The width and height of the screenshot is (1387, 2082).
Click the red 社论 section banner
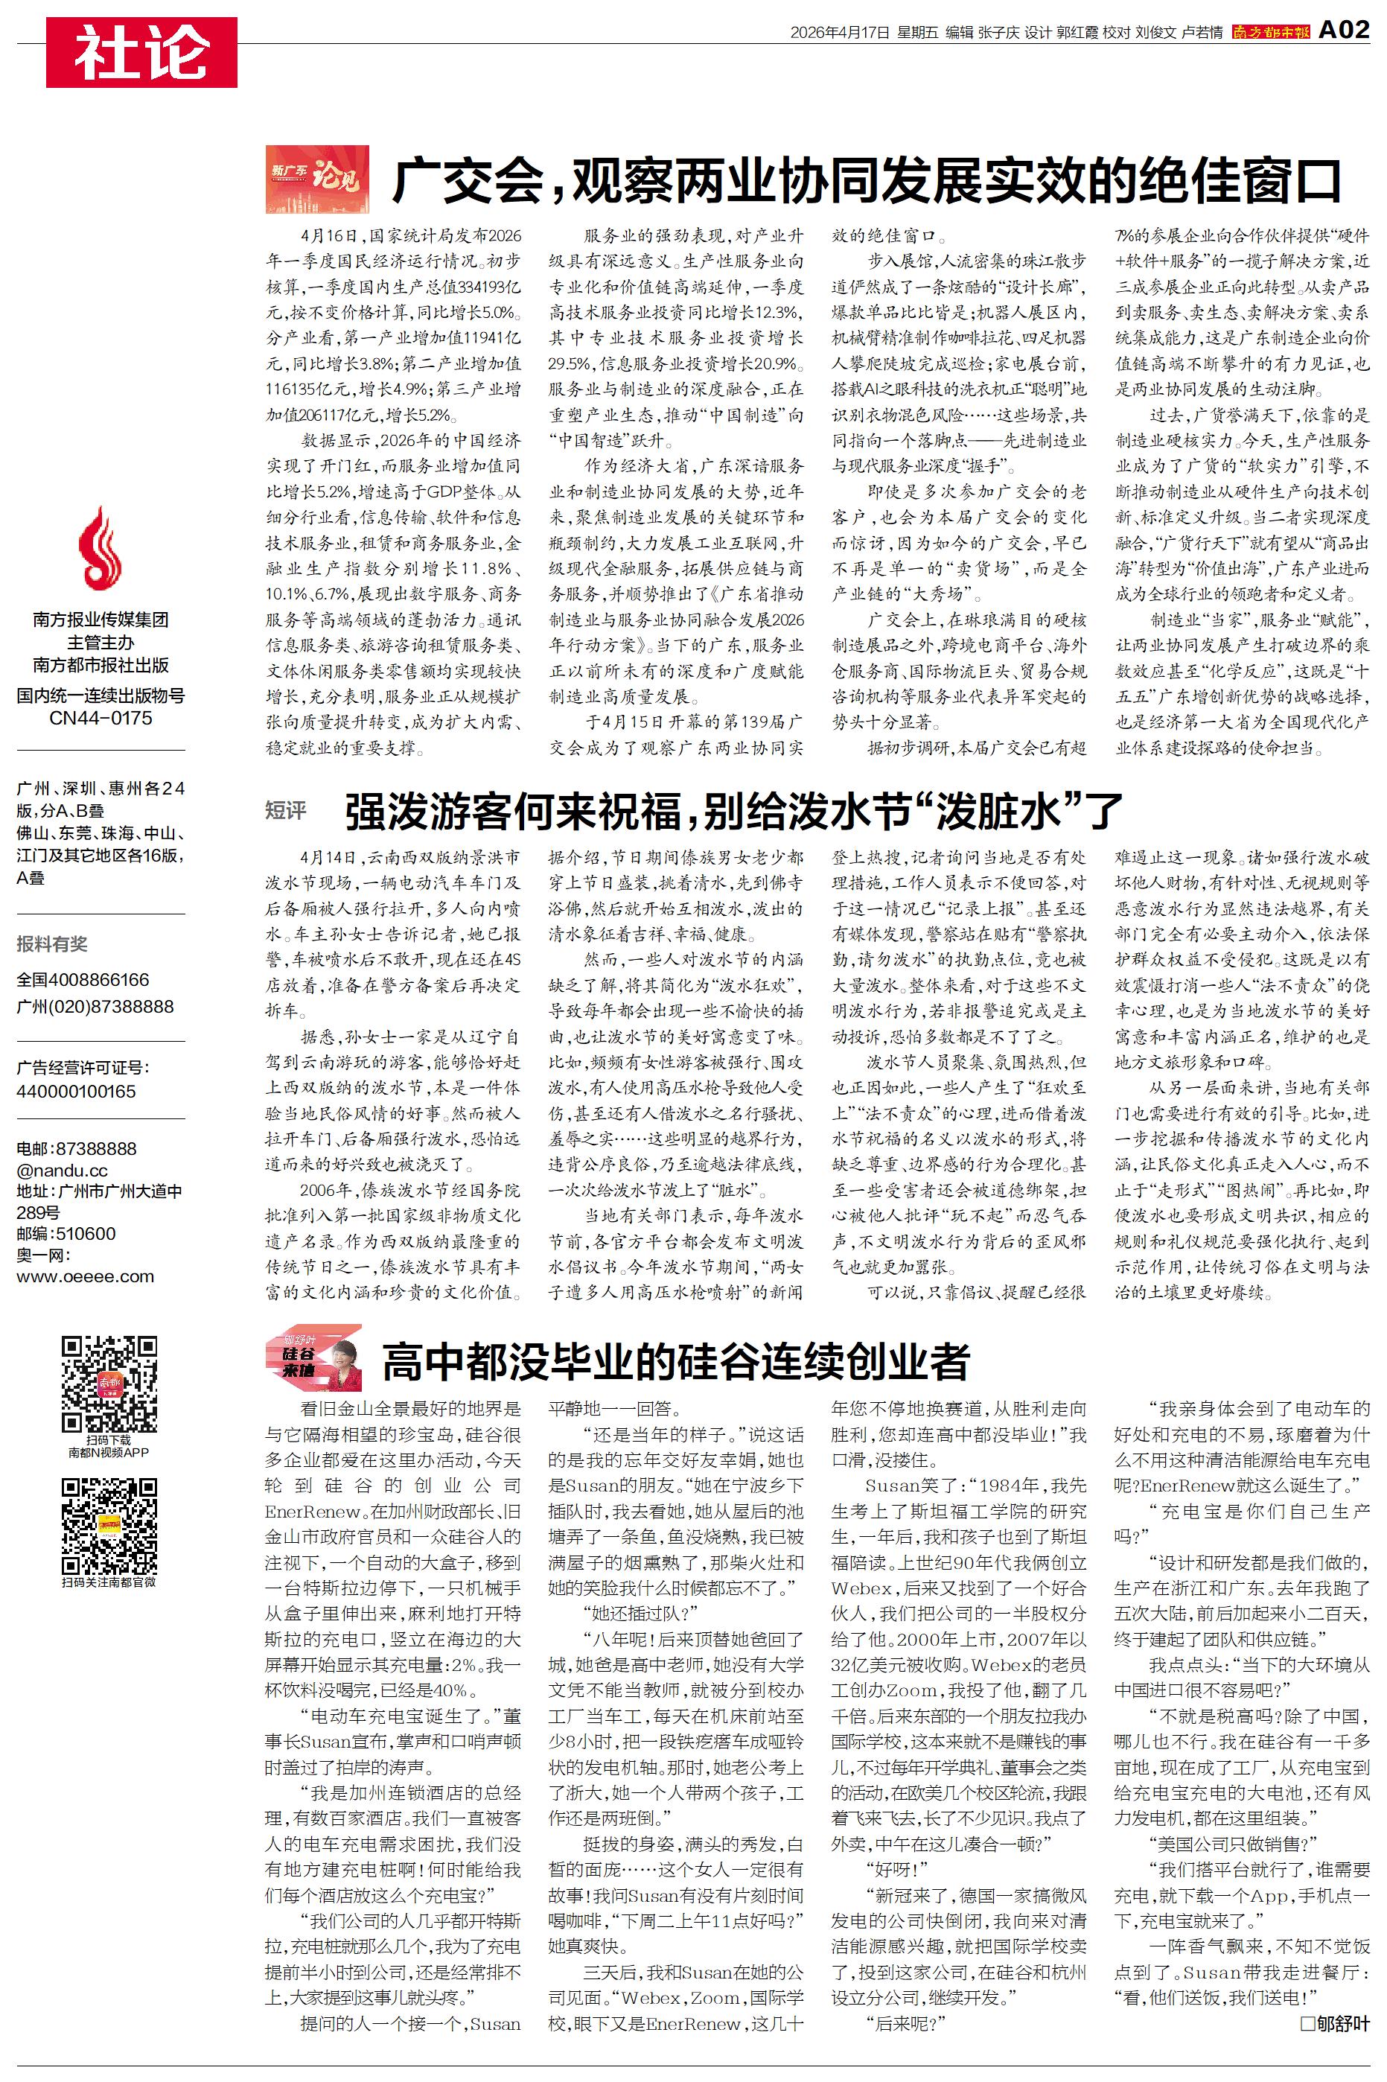[x=141, y=52]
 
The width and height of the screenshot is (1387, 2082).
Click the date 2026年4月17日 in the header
[x=838, y=33]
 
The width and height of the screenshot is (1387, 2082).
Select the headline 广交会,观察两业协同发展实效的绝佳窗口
[x=867, y=180]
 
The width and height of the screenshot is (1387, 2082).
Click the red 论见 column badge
[x=316, y=179]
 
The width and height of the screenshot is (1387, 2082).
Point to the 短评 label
[x=286, y=810]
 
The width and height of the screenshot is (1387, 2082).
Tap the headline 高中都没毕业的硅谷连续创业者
[x=676, y=1360]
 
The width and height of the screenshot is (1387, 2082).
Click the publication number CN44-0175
[x=100, y=718]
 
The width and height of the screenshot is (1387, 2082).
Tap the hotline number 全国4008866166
[x=83, y=980]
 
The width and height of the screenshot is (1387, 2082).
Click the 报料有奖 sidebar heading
[x=52, y=943]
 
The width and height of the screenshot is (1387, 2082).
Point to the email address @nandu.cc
[x=62, y=1170]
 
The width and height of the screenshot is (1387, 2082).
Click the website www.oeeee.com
[x=85, y=1276]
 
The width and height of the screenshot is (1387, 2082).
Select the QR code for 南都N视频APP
[x=109, y=1384]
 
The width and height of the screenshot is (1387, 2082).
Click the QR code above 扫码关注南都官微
[x=109, y=1526]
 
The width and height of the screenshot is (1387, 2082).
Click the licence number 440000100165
[x=76, y=1092]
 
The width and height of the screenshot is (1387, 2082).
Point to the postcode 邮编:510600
[x=66, y=1234]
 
